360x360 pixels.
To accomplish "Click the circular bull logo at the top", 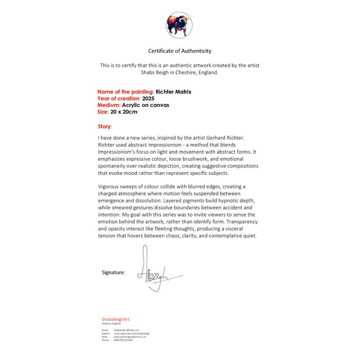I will tap(179, 25).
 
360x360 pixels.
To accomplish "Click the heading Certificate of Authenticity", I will tap(180, 51).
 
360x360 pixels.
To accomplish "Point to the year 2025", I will tap(148, 98).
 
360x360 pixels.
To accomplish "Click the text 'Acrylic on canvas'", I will tap(146, 105).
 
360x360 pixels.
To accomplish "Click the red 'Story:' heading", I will tap(105, 127).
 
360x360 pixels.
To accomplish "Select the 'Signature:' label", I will tap(114, 272).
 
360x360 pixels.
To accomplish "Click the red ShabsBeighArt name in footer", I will tap(116, 319).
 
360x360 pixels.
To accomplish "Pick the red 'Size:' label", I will tap(102, 112).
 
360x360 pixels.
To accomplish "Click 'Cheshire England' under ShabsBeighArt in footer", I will tap(111, 323).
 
